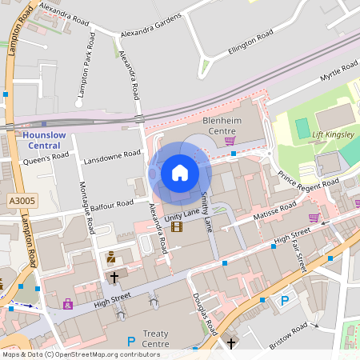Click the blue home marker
click(x=180, y=173)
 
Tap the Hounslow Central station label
click(x=38, y=141)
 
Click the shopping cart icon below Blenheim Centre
click(x=230, y=141)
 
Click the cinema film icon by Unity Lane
click(x=176, y=226)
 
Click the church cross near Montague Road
click(x=114, y=276)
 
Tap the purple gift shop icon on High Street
click(x=67, y=304)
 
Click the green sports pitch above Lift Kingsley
click(x=302, y=127)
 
